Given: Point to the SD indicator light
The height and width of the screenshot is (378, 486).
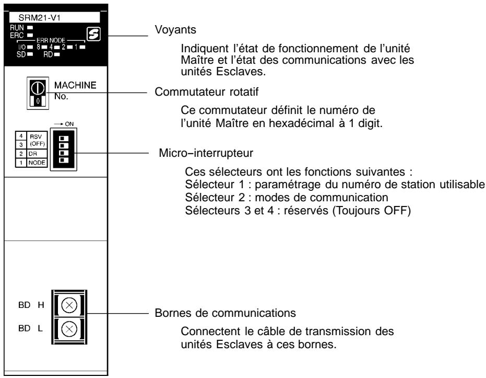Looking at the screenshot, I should coord(29,51).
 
